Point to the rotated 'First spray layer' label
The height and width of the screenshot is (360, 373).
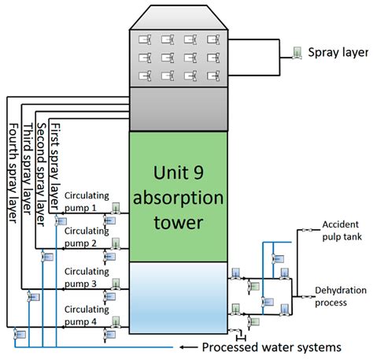[54, 165]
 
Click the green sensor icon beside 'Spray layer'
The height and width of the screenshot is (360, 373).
[297, 52]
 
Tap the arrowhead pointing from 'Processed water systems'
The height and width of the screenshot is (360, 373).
[183, 347]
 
